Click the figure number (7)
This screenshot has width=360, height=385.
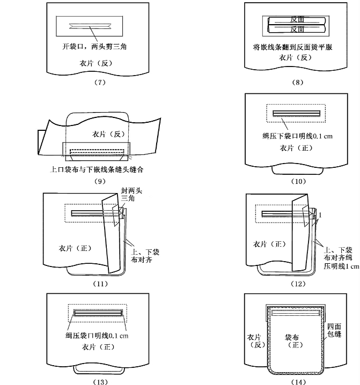tap(100, 82)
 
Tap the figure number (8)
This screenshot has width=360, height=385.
tap(299, 82)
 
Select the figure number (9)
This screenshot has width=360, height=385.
tap(100, 181)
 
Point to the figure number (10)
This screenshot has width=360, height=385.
tap(299, 181)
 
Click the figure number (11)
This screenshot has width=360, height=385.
tap(100, 283)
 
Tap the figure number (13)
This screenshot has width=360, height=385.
tap(100, 381)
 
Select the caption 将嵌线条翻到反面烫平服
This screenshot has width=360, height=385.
tap(293, 47)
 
